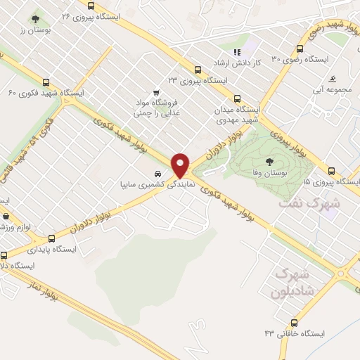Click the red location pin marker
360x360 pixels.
[x=181, y=165]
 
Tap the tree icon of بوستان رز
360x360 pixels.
[x=36, y=19]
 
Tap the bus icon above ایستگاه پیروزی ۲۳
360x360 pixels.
[x=198, y=70]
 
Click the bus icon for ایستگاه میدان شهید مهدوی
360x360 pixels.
[x=237, y=99]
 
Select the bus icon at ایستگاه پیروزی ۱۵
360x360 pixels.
[x=331, y=171]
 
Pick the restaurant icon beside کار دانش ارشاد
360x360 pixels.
[x=237, y=51]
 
